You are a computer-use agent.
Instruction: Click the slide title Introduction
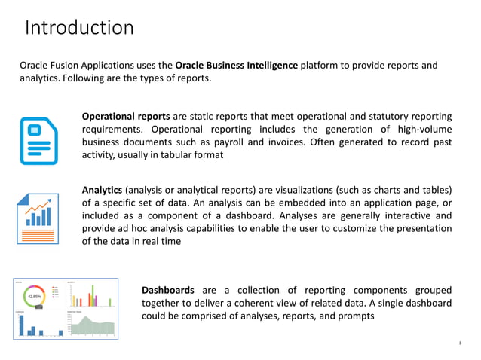coord(79,28)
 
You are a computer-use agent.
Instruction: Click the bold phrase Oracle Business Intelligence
coord(236,65)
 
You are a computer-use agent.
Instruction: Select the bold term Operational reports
coord(126,116)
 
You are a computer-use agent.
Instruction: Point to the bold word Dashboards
coord(168,290)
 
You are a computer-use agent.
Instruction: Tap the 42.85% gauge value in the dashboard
coord(35,296)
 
